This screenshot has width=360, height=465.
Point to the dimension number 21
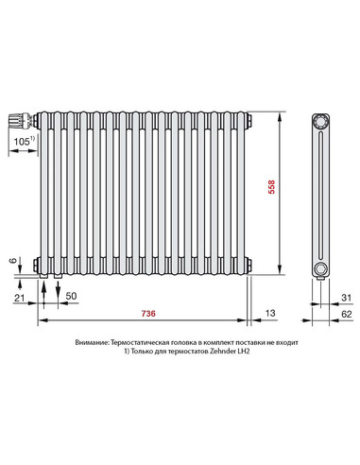[x=20, y=298]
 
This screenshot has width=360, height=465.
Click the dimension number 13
[x=271, y=313]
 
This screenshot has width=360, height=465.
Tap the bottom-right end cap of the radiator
[x=249, y=265]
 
